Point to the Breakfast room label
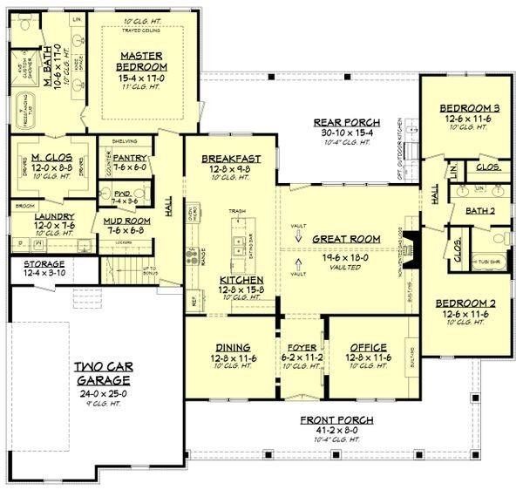point(227,158)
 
